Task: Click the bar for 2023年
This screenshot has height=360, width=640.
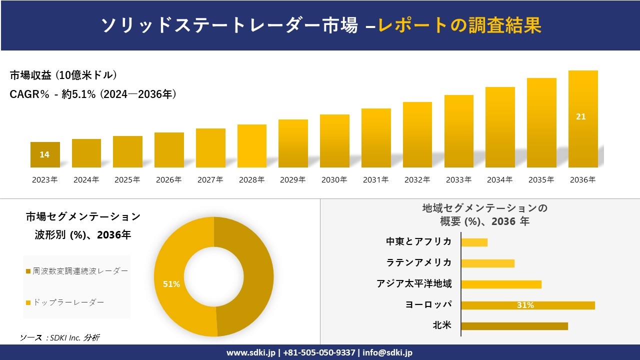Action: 45,154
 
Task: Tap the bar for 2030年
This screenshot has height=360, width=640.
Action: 334,141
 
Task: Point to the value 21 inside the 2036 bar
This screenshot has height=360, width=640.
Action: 581,117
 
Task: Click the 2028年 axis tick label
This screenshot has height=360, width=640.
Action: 251,180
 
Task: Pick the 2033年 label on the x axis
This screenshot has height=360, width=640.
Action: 458,180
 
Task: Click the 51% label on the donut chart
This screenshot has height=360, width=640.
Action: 171,284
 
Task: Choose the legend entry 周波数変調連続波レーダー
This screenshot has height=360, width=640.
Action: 77,271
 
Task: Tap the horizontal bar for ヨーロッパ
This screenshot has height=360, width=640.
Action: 527,305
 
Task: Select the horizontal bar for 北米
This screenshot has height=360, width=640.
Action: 514,326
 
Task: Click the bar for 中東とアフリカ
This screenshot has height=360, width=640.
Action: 474,242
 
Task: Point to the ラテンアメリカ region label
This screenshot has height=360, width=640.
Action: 418,263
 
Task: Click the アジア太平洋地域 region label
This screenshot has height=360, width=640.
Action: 414,284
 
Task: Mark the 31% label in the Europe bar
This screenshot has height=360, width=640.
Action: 525,305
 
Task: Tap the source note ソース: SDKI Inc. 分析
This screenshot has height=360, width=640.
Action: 59,338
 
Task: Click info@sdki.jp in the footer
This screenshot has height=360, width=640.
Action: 387,352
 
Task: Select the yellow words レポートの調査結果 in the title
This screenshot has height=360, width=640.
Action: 459,25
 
